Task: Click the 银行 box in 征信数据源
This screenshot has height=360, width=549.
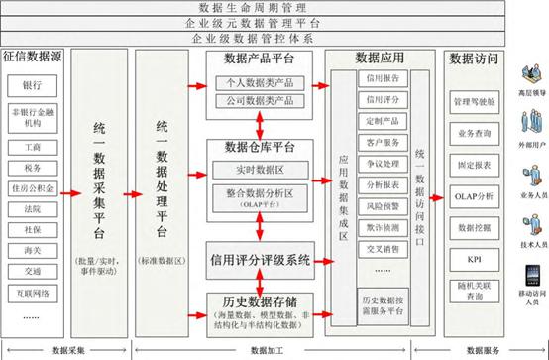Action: point(33,85)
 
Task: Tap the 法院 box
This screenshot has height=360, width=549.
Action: point(33,210)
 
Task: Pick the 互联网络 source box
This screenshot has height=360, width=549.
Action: point(33,294)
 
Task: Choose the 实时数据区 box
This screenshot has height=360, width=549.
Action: point(259,172)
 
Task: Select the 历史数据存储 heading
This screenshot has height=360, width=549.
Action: point(260,300)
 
